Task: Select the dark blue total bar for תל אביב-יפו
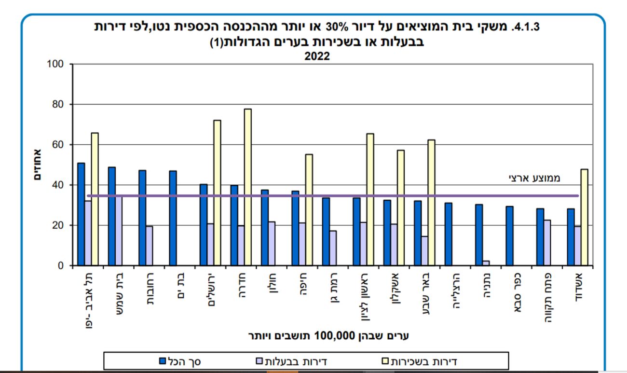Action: coord(81,214)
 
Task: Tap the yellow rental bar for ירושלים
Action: coord(217,193)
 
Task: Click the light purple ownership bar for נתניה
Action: coord(486,263)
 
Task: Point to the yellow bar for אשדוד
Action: coord(584,217)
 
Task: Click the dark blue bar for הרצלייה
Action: coord(448,234)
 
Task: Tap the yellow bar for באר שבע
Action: coord(431,203)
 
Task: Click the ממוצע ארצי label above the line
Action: coord(534,178)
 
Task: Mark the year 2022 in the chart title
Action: coord(316,55)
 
